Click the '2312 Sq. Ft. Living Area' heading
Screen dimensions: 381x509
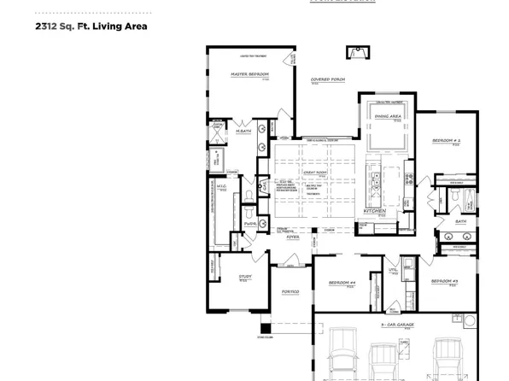point(91,26)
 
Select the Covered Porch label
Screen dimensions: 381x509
point(327,79)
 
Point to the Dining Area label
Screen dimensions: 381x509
point(389,115)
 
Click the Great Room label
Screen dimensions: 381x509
point(315,173)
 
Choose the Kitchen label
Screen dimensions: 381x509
point(377,211)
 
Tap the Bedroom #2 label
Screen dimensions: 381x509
point(446,140)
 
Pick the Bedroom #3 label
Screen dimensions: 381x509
point(445,281)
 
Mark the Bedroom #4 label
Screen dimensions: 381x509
point(342,283)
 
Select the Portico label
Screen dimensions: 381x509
point(290,292)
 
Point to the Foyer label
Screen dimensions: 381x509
point(293,238)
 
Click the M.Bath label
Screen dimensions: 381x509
point(243,131)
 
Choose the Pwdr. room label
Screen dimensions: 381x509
point(249,224)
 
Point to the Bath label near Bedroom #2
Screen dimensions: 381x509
point(460,221)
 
